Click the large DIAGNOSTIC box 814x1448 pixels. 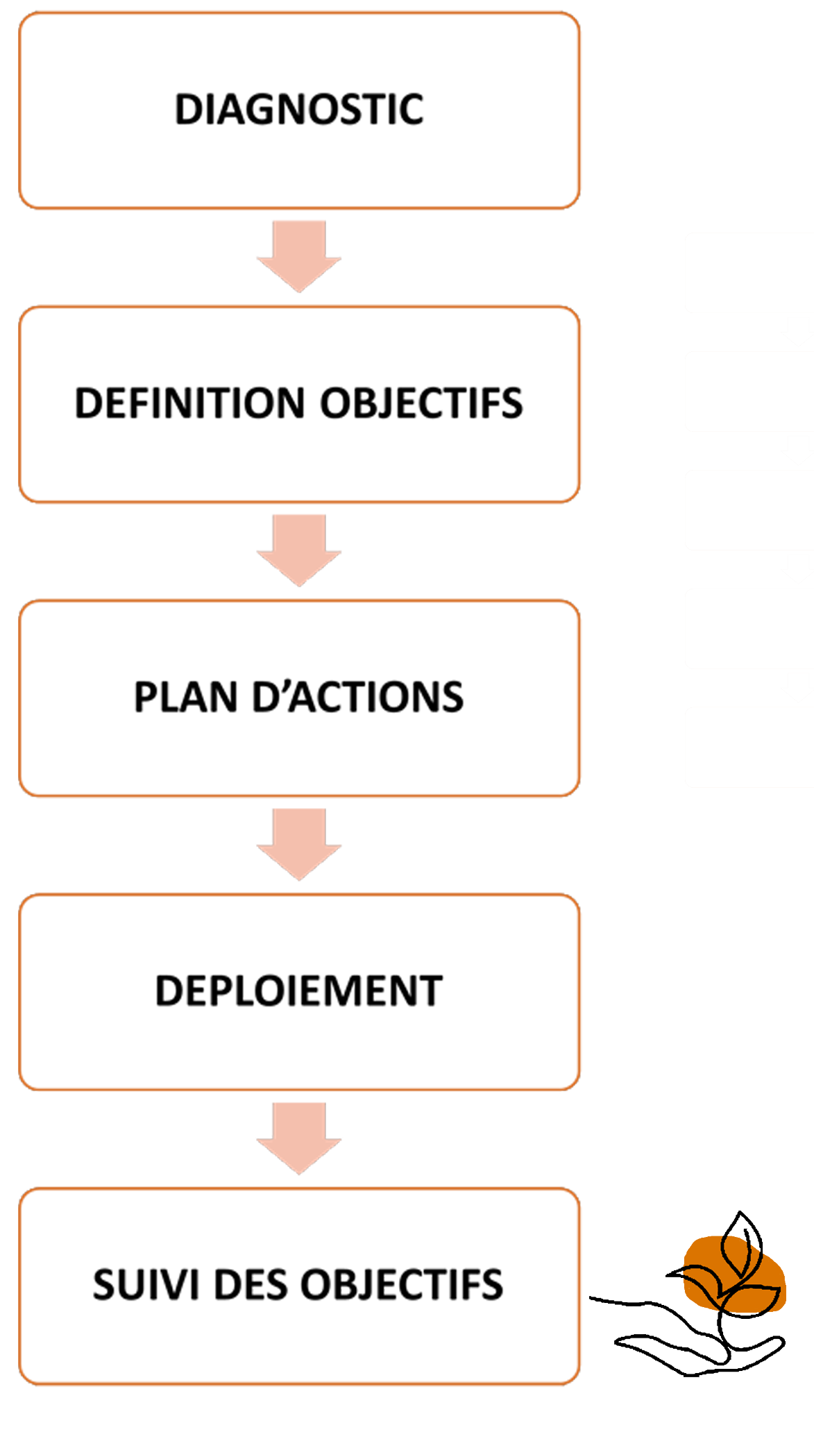point(299,110)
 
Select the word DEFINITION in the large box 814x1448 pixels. point(190,403)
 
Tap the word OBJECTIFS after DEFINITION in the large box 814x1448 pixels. point(421,403)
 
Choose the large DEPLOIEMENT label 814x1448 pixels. point(299,991)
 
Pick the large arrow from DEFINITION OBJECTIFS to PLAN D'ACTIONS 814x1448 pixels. point(300,550)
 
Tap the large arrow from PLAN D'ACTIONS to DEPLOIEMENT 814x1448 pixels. point(300,844)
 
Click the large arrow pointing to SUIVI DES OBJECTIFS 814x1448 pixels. point(300,1138)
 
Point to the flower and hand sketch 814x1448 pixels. point(722,1298)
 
